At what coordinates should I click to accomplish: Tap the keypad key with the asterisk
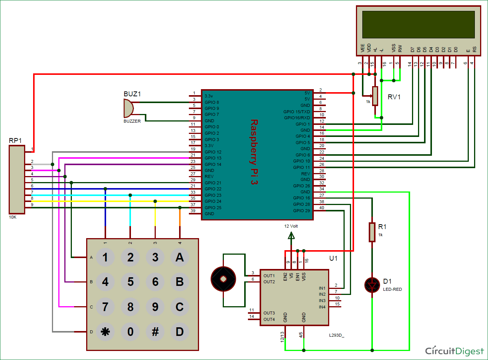(105, 332)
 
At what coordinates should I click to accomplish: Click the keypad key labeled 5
(130, 282)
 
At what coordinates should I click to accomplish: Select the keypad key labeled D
(179, 332)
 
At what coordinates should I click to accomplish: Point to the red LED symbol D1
(372, 286)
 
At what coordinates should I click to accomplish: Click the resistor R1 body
(372, 232)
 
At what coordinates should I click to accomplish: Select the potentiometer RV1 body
(375, 96)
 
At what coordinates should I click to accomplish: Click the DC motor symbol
(223, 279)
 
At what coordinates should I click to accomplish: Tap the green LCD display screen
(418, 24)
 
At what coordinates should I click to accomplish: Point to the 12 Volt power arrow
(291, 235)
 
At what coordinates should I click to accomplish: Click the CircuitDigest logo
(454, 351)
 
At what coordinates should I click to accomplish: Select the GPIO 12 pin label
(213, 152)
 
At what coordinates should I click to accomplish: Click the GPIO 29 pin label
(301, 211)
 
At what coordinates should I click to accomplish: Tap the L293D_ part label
(336, 335)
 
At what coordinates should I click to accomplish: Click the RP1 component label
(15, 140)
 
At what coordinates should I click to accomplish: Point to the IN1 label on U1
(322, 288)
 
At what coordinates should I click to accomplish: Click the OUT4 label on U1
(269, 319)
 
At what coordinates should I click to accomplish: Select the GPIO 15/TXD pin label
(296, 112)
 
